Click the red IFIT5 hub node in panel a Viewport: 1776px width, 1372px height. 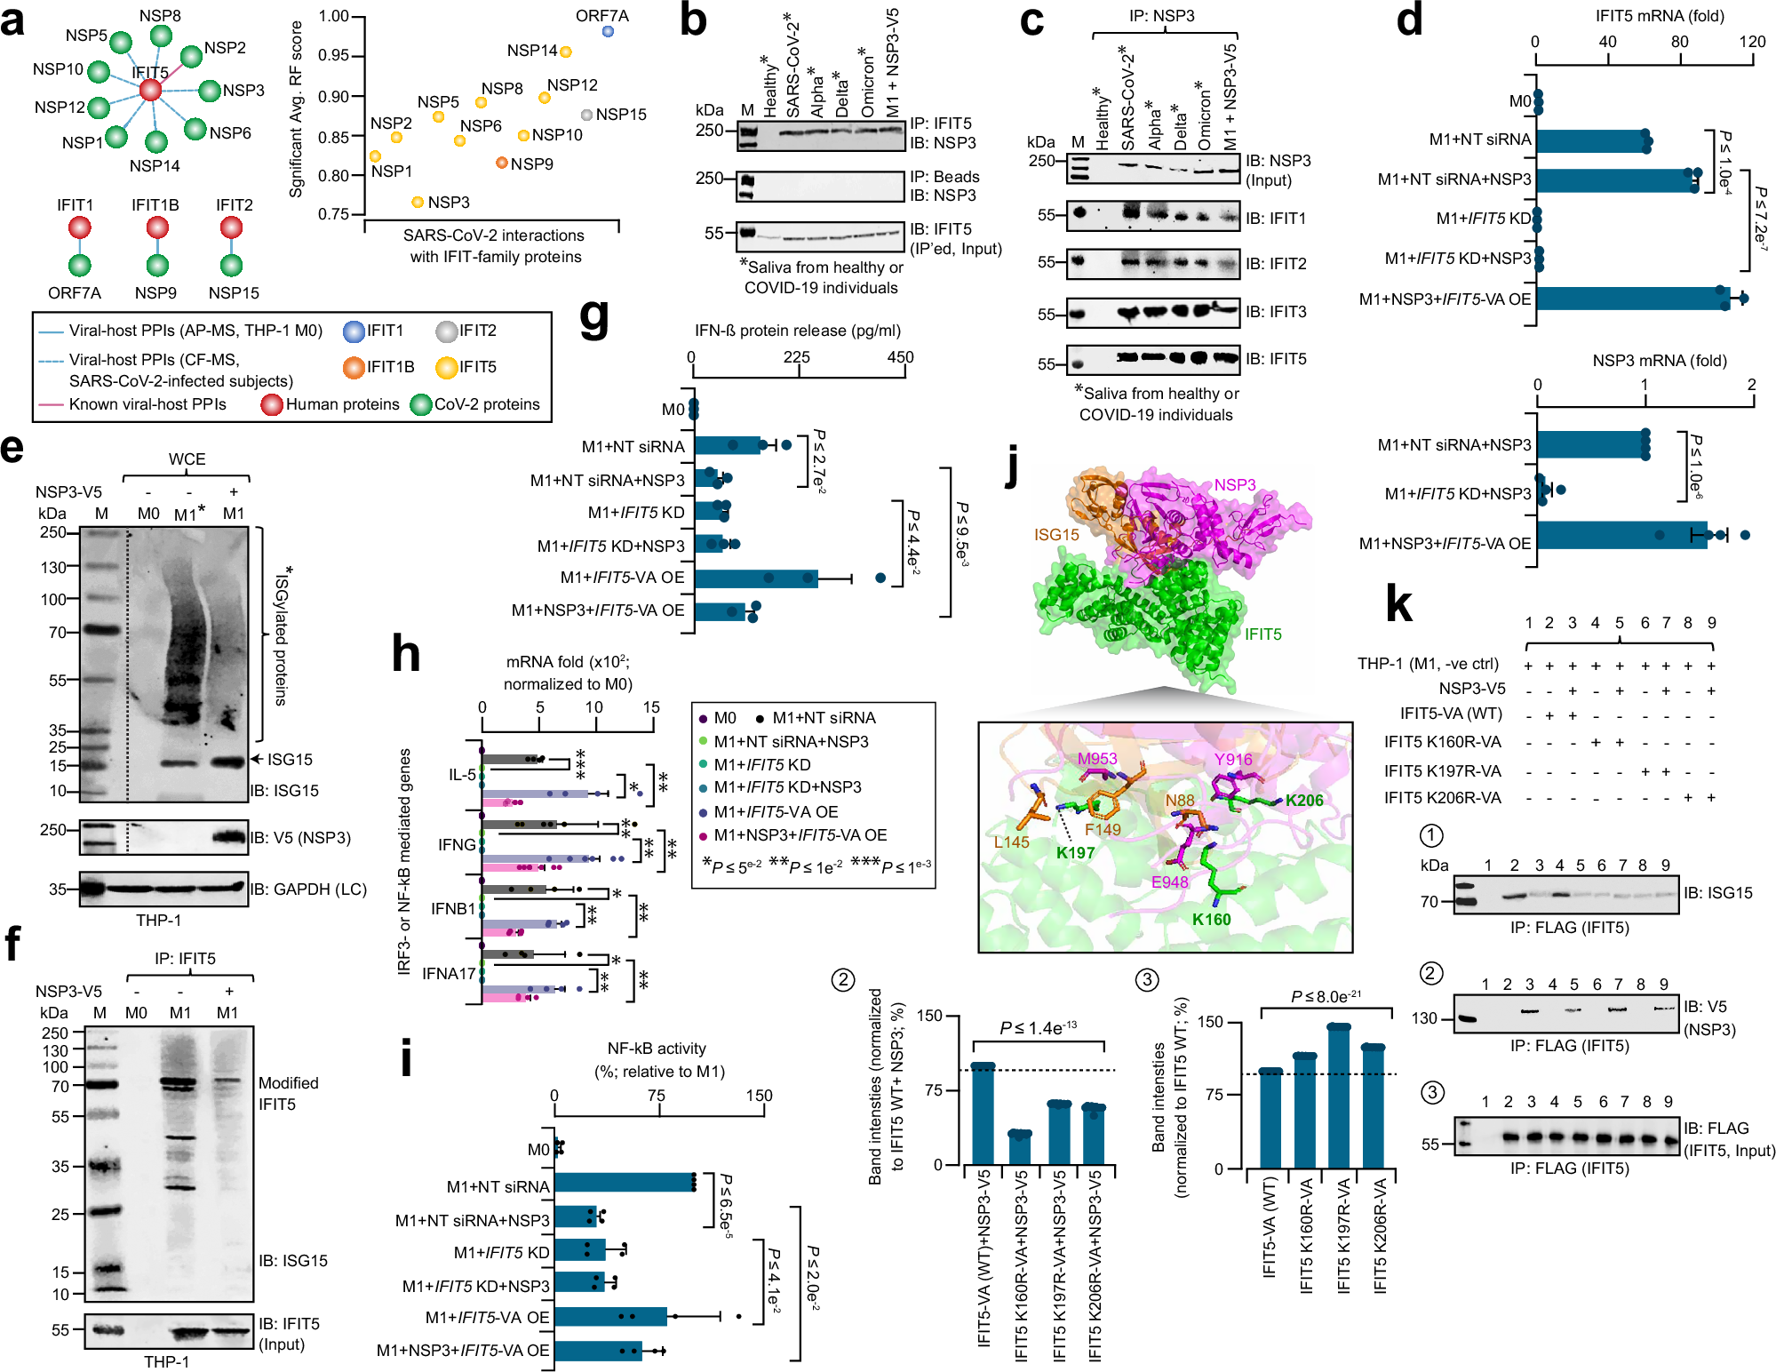(150, 90)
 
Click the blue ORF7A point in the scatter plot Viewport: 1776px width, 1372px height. (608, 31)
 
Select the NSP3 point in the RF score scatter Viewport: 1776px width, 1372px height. (418, 203)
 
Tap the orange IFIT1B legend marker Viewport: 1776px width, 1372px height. (354, 367)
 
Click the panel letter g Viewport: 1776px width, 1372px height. (593, 318)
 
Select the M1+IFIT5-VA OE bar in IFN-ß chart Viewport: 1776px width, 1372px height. (755, 578)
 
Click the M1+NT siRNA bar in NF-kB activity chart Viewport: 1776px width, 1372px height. (624, 1183)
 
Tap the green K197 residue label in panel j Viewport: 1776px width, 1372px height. (1075, 853)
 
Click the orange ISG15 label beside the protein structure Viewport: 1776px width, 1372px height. (1056, 535)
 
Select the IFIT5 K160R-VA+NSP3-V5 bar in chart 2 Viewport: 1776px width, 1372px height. (1020, 1148)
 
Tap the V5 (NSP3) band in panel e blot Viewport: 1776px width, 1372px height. (230, 837)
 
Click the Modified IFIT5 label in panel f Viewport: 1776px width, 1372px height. (288, 1094)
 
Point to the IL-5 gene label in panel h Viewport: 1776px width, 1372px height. (462, 775)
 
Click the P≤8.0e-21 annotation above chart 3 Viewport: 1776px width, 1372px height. (1326, 997)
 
